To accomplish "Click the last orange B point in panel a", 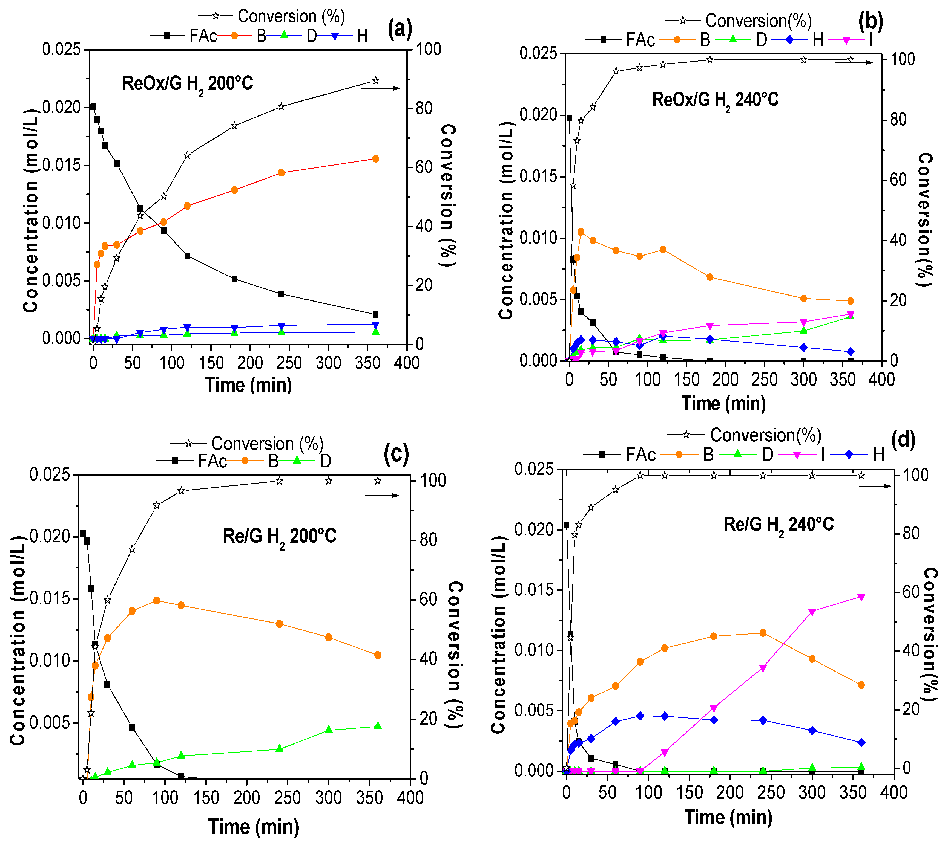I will point(375,159).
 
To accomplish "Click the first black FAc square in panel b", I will point(569,118).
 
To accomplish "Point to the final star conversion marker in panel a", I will point(375,81).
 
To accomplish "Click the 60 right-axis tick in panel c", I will point(429,599).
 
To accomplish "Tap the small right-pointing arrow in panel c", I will point(382,495).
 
